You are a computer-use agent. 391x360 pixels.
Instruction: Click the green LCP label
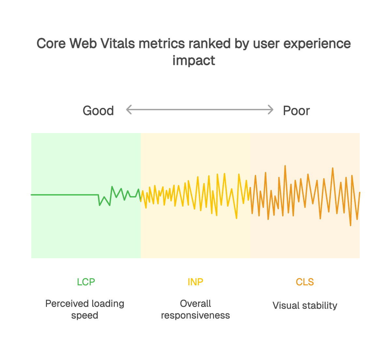tap(86, 282)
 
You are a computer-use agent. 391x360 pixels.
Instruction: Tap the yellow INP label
tap(195, 282)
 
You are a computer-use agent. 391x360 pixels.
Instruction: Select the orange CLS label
tap(305, 282)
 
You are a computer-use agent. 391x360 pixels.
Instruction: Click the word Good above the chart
tap(98, 111)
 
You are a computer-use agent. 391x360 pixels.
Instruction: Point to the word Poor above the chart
tap(296, 111)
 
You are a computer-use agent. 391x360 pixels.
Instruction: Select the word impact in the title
tap(194, 61)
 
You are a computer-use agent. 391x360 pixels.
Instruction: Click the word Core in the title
tap(51, 44)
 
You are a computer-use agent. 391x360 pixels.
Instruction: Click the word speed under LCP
tap(85, 316)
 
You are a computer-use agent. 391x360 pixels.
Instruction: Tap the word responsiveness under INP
tap(195, 316)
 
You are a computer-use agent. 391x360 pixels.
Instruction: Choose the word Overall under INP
tap(195, 304)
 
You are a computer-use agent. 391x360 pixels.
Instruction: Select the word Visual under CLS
tap(286, 306)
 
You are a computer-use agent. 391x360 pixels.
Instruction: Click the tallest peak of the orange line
tap(285, 166)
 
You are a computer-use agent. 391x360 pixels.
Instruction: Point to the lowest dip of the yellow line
tap(236, 218)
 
